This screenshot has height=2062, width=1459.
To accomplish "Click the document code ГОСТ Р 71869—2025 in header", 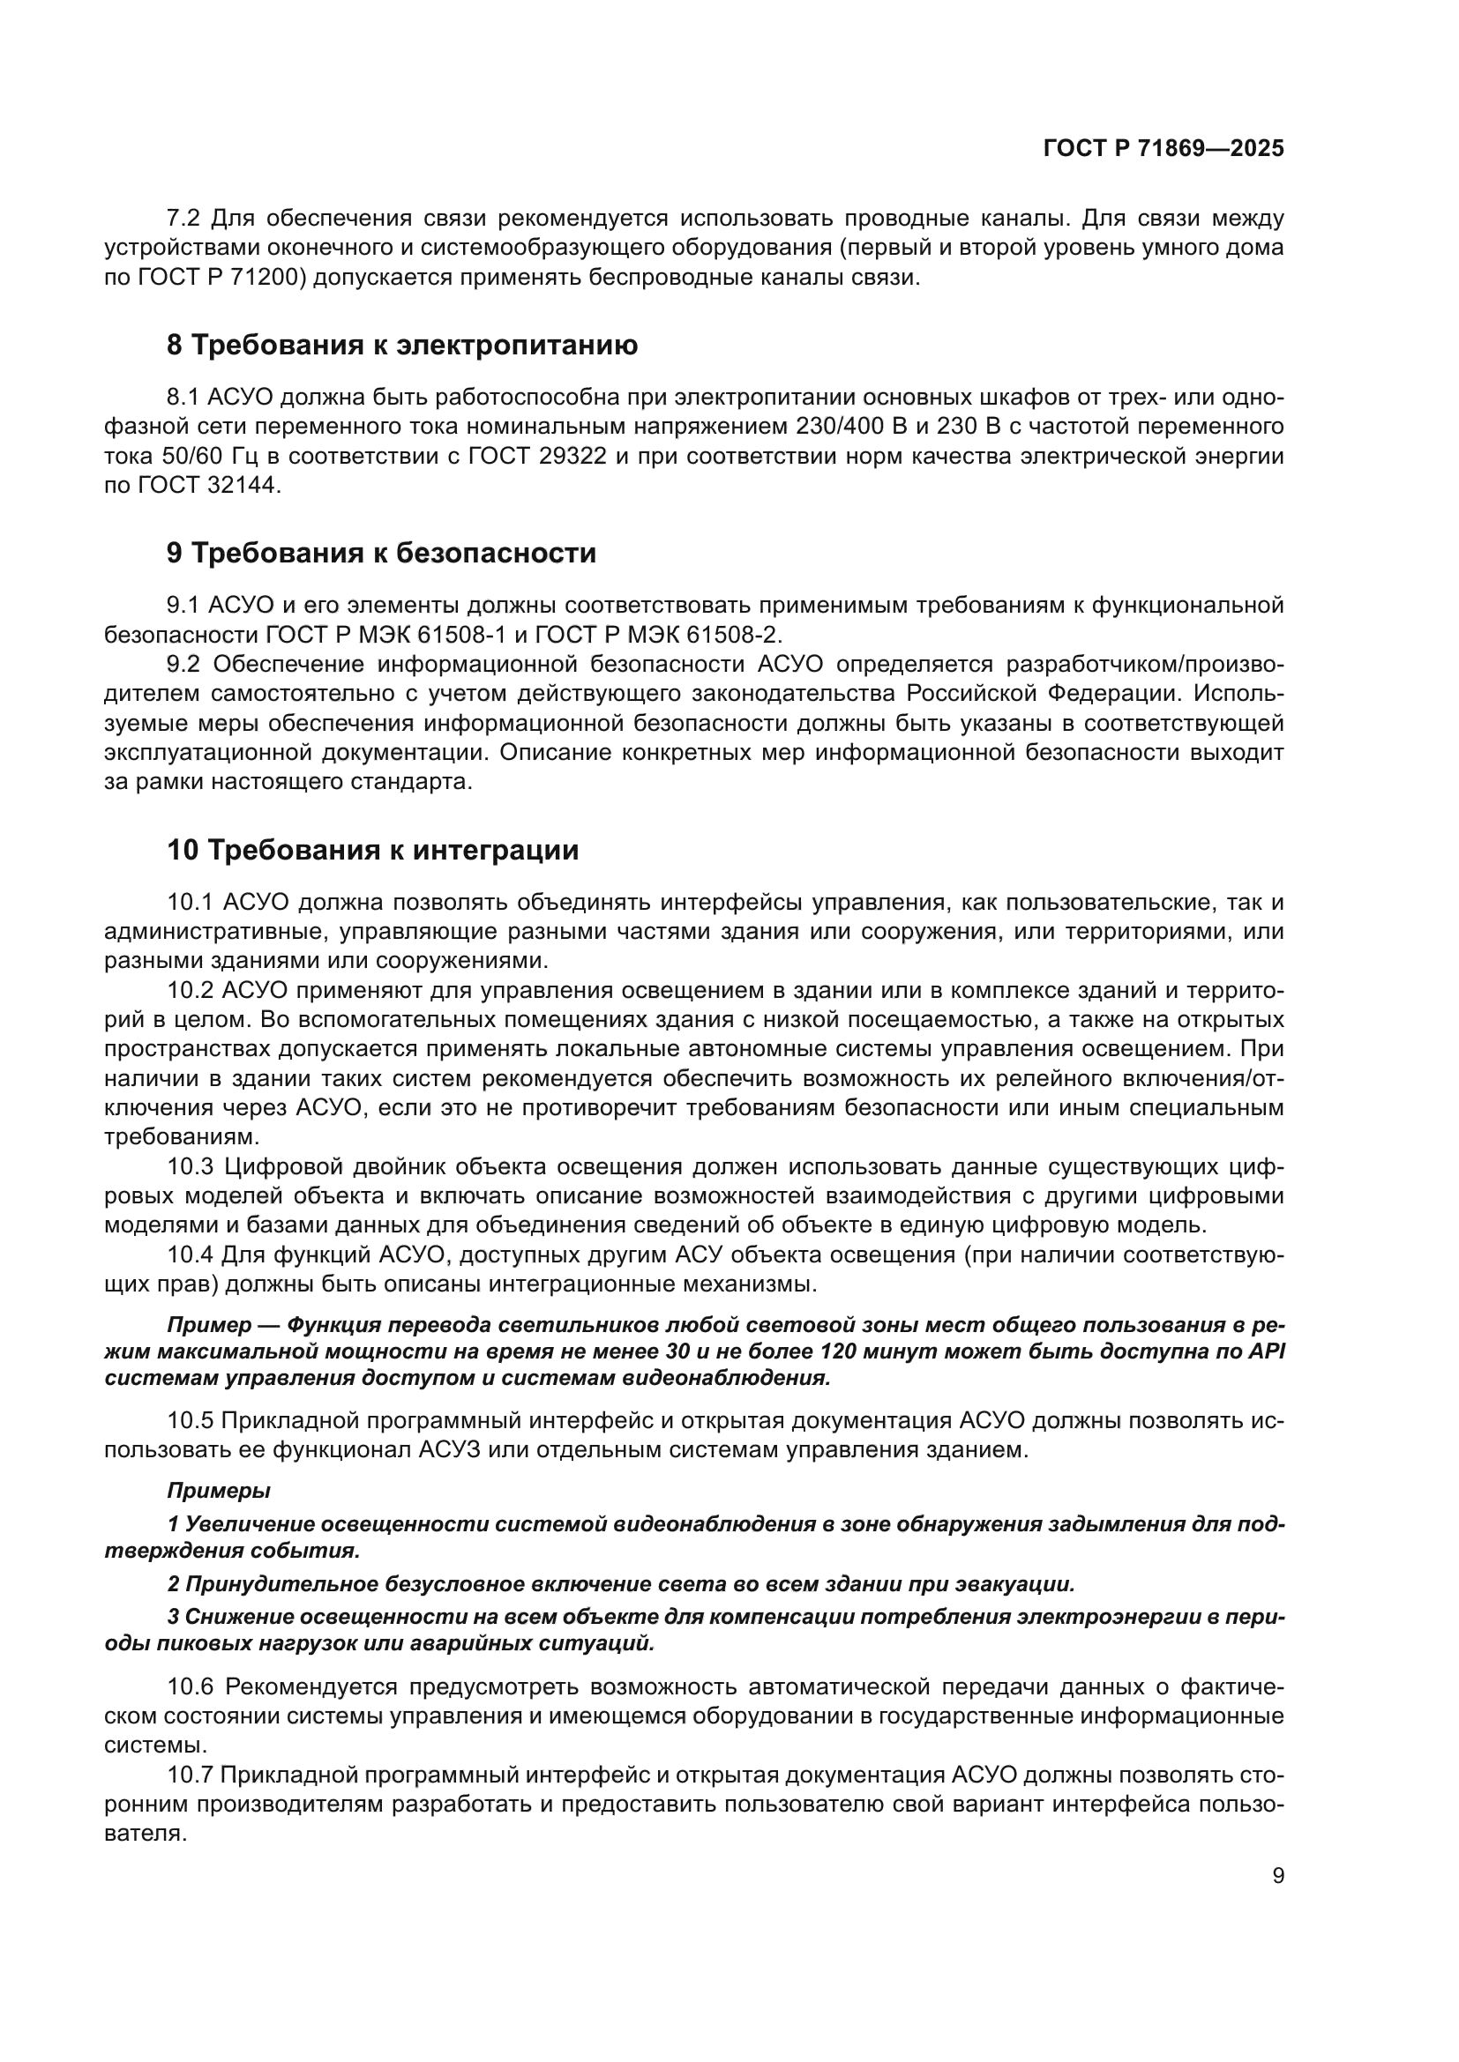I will tap(1163, 149).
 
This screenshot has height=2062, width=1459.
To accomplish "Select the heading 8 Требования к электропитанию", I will tap(401, 345).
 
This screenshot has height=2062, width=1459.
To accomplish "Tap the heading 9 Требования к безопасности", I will tap(381, 554).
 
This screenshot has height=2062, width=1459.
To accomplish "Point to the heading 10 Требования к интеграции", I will tap(372, 850).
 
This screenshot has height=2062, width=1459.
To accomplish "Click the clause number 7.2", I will tap(184, 219).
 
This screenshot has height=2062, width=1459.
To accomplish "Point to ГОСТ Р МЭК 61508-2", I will tap(658, 635).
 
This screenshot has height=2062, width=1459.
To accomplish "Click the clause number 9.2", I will tap(184, 665).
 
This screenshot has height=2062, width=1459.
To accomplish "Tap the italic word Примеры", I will tap(218, 1491).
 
